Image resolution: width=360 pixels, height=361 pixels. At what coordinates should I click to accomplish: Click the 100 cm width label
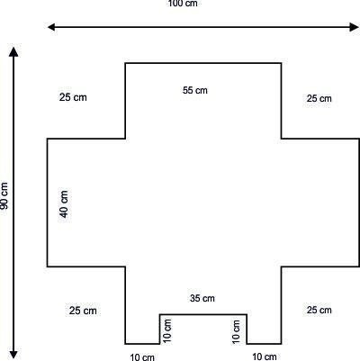coord(183,4)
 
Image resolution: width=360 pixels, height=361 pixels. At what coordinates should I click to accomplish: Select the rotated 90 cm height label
coord(4,195)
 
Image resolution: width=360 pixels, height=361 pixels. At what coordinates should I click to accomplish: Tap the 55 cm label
coord(195,90)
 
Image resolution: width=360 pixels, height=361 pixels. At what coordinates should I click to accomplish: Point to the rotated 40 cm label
coord(64,203)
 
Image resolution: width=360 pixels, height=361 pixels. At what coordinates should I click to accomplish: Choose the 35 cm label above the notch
coord(202,298)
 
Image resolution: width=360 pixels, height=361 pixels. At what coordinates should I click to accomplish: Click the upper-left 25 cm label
coord(73,97)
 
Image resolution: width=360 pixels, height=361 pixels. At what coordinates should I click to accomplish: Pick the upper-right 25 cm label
coord(319,98)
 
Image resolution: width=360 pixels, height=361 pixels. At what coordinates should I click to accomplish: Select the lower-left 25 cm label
coord(83,311)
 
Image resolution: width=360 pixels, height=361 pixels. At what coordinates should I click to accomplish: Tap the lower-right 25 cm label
coord(319,310)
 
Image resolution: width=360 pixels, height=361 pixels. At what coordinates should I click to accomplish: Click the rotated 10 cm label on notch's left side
coord(167,330)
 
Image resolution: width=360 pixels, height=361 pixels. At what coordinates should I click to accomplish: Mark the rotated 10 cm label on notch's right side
coord(236,331)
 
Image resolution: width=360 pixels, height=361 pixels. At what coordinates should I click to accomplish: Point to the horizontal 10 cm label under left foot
coord(142,357)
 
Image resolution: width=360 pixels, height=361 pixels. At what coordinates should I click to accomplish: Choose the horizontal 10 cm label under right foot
coord(265,356)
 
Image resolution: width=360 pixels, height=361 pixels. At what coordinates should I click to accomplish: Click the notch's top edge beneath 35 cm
coord(203,314)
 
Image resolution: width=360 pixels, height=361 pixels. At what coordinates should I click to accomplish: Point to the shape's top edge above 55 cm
coord(203,63)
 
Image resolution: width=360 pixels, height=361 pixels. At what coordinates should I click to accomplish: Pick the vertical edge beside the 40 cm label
coord(47,203)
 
